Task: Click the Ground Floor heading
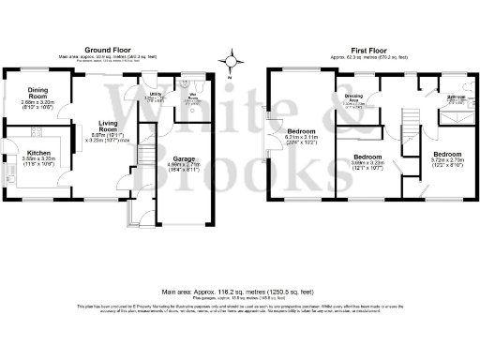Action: coord(108,49)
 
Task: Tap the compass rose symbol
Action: coord(231,63)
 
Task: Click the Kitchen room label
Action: coord(38,152)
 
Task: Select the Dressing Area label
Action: coord(353,97)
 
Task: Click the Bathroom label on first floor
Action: coord(456,97)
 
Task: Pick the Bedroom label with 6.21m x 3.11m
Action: coord(301,130)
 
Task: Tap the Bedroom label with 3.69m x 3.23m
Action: coord(367,157)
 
